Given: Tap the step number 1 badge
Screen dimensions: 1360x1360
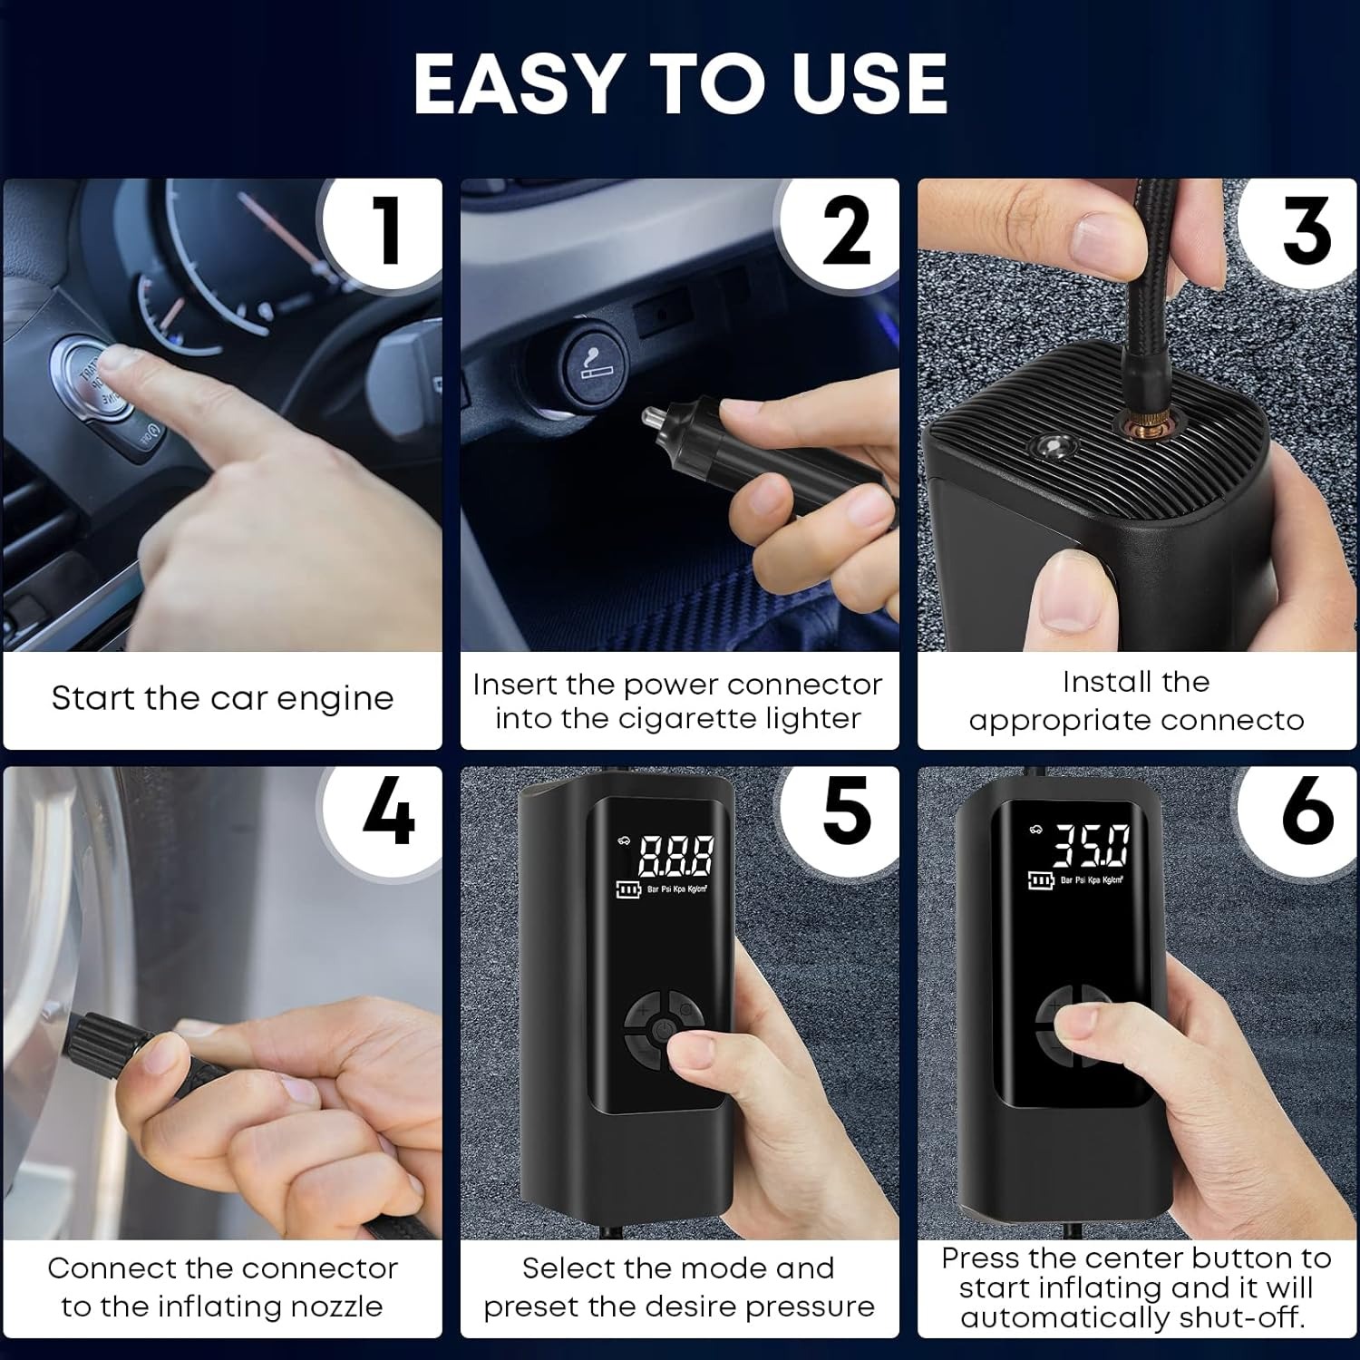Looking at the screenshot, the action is point(385,231).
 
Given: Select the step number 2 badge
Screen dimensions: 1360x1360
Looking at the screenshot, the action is point(841,231).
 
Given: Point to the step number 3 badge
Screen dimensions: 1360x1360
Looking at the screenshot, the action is point(1301,231).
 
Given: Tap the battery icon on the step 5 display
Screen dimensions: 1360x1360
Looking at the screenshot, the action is point(627,890).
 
